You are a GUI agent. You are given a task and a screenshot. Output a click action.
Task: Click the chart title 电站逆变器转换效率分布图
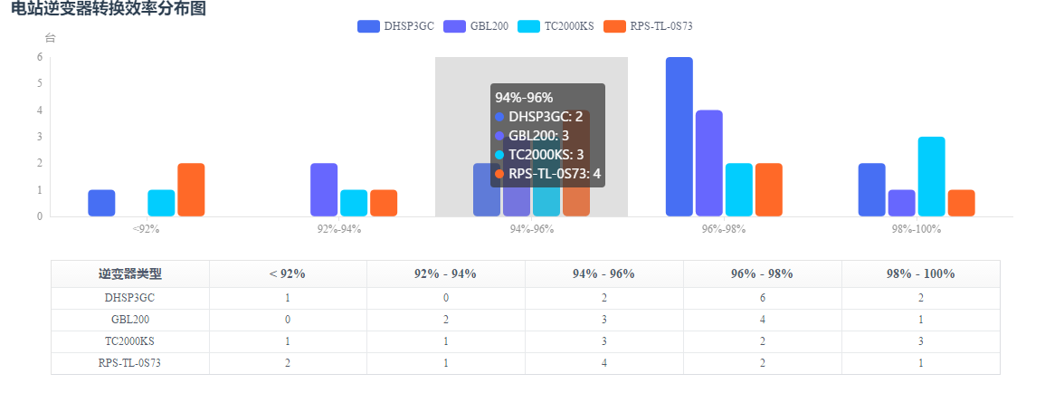(x=109, y=9)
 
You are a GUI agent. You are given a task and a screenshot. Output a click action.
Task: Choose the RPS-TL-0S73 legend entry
(x=648, y=26)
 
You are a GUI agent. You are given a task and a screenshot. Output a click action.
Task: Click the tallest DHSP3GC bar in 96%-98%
(x=679, y=136)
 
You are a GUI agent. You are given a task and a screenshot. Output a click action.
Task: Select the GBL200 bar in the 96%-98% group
(x=709, y=163)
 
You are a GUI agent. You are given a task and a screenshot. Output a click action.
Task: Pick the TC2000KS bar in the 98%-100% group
(x=932, y=177)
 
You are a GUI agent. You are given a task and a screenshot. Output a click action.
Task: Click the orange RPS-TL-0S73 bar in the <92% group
(x=191, y=189)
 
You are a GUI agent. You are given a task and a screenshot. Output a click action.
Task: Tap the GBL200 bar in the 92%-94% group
(x=324, y=189)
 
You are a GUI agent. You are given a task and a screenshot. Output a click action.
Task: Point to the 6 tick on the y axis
(x=40, y=57)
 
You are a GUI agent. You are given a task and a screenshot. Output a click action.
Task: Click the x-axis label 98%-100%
(x=917, y=229)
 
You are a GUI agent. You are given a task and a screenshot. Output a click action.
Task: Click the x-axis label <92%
(x=146, y=229)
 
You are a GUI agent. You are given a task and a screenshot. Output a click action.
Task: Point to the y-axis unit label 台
(x=51, y=38)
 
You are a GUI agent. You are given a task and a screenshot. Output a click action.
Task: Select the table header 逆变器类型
(x=129, y=273)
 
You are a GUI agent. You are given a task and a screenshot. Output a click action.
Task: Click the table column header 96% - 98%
(x=762, y=273)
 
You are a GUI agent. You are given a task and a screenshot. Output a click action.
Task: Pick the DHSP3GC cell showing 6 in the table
(x=762, y=298)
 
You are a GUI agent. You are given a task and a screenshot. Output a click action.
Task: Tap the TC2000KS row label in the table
(x=129, y=341)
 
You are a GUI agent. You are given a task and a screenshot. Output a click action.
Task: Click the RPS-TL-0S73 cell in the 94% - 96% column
(x=603, y=363)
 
